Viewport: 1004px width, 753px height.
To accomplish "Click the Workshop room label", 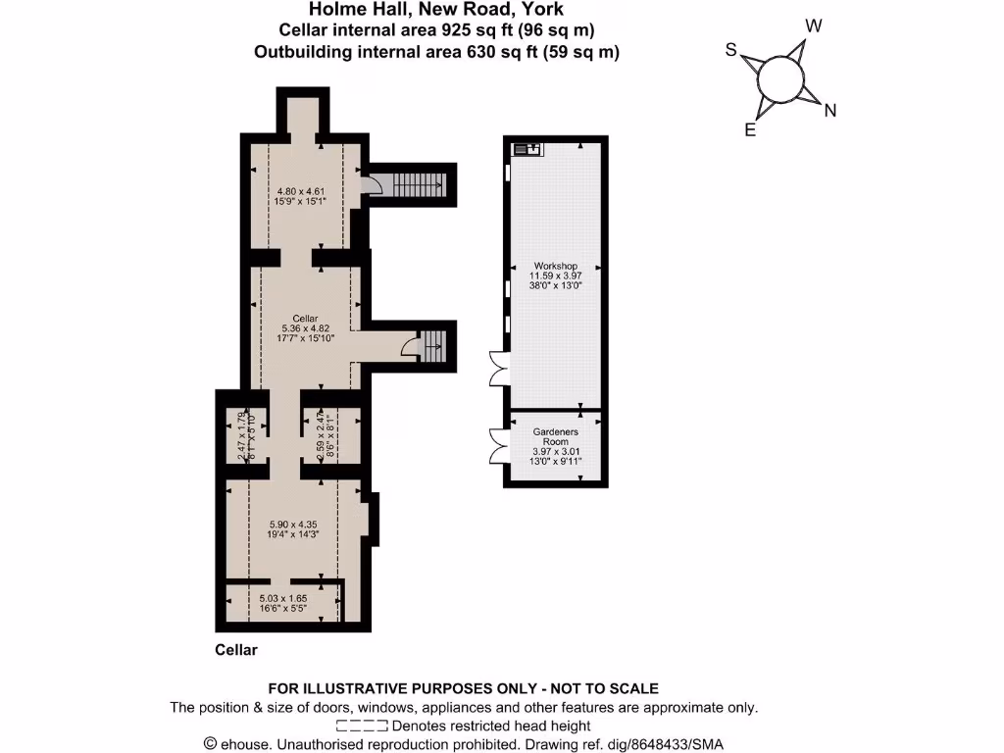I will [556, 266].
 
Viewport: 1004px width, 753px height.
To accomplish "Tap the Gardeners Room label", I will [556, 431].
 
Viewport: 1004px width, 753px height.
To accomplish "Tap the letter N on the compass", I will [830, 111].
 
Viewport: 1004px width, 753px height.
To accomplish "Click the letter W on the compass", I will [813, 25].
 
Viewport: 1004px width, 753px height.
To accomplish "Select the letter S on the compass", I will [730, 49].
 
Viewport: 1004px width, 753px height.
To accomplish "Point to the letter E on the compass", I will [750, 129].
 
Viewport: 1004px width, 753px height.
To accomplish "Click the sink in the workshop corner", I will [527, 150].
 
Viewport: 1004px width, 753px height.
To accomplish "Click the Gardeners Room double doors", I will [496, 446].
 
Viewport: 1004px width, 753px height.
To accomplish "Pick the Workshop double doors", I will [497, 373].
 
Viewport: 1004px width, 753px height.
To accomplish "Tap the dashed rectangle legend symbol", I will [361, 727].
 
